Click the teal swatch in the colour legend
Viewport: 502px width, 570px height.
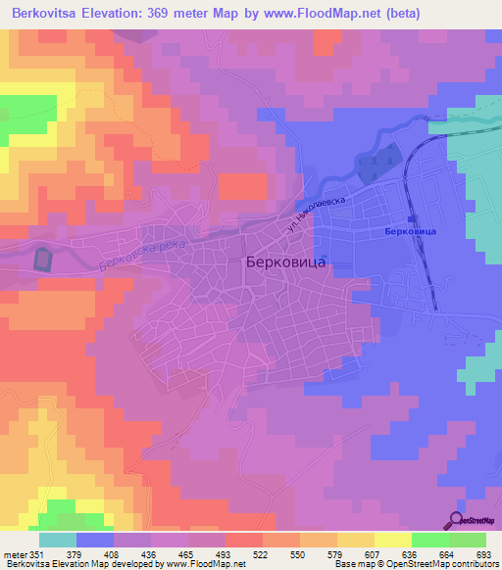(58, 540)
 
